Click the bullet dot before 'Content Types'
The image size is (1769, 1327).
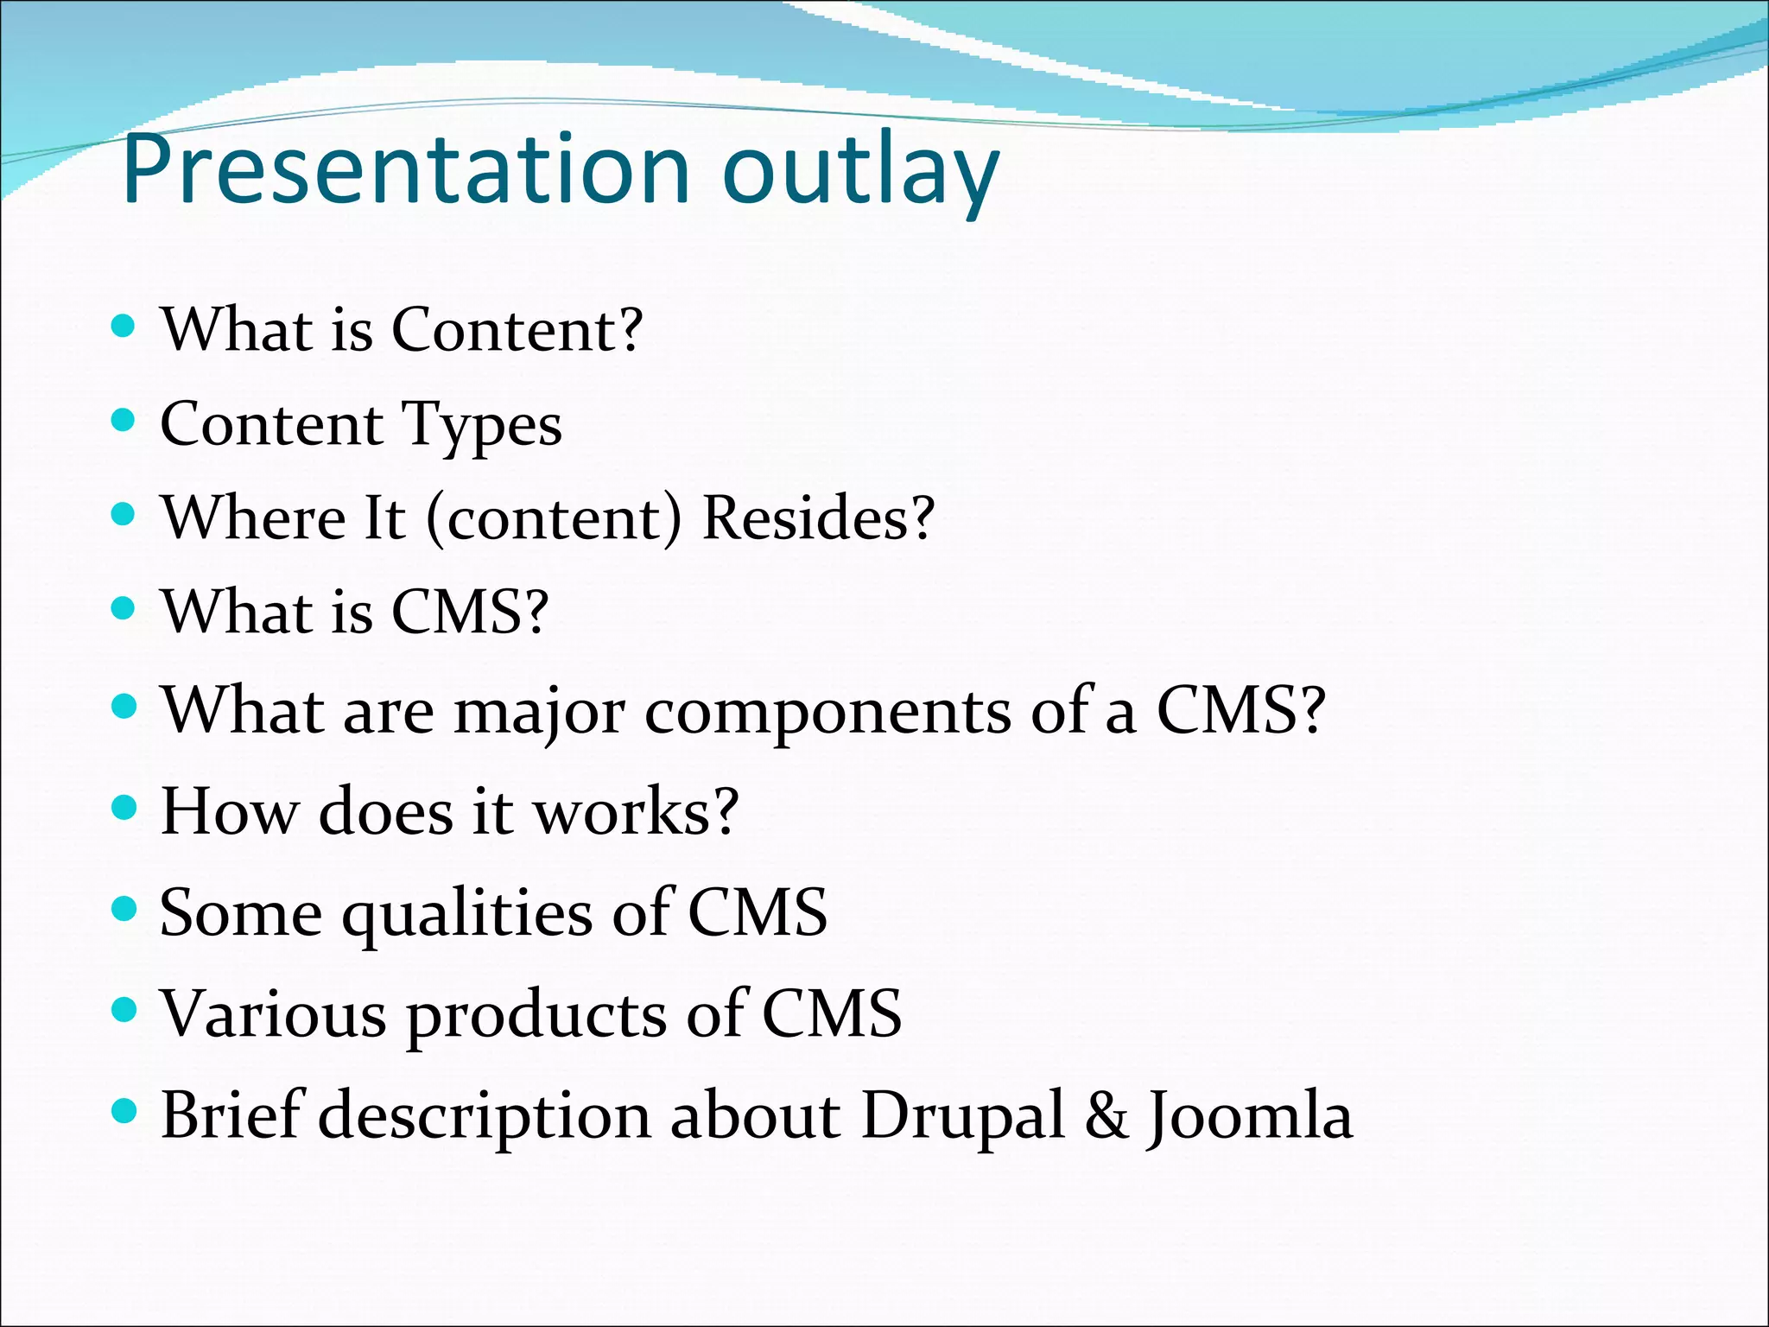pos(124,421)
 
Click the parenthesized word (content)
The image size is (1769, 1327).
pos(554,519)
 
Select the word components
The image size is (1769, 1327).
pos(827,714)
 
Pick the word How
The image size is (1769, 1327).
pos(229,811)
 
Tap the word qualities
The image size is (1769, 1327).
pos(466,914)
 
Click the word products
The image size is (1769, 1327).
pos(536,1015)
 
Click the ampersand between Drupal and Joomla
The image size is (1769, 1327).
pos(1106,1115)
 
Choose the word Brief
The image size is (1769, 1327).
pos(230,1115)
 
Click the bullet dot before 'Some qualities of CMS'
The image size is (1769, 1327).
pos(124,909)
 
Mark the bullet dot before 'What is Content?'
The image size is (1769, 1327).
pos(124,326)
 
